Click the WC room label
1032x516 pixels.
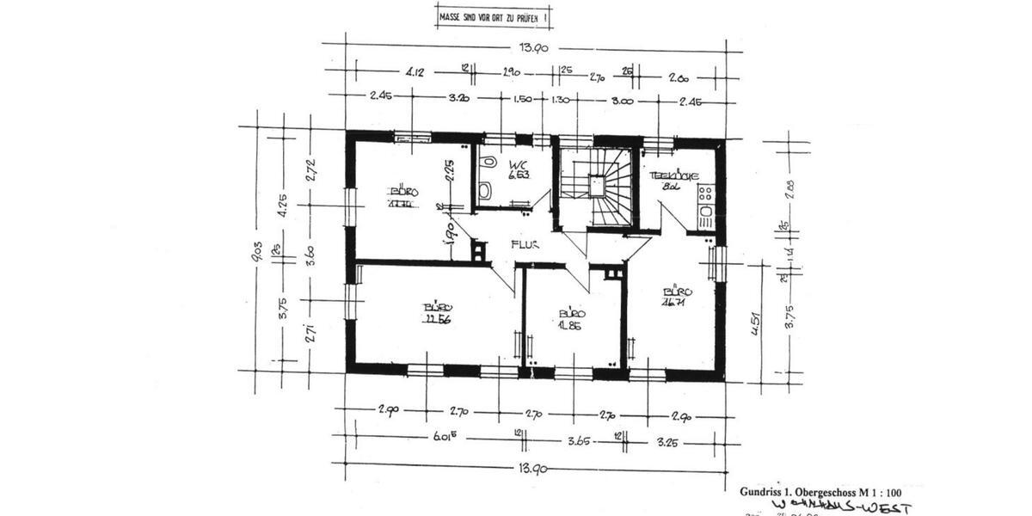click(x=517, y=164)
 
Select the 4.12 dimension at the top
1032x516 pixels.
click(x=415, y=73)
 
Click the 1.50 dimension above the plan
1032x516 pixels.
click(x=522, y=99)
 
